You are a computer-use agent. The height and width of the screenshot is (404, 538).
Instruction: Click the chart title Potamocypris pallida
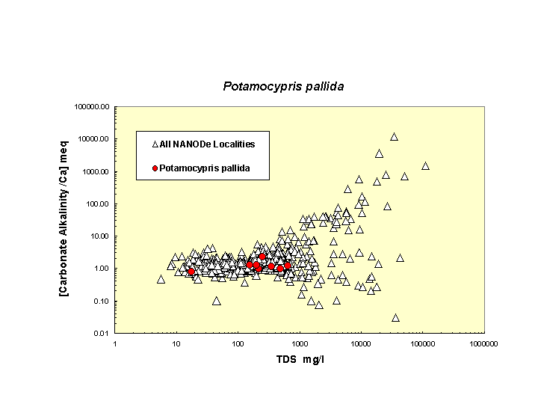pos(283,86)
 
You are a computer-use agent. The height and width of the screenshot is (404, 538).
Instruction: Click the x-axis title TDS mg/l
pos(300,361)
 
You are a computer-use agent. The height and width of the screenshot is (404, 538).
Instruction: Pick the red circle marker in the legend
pos(155,168)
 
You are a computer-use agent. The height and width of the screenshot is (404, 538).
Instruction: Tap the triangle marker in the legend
pos(155,144)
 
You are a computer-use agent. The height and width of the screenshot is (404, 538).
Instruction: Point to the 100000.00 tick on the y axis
pos(93,106)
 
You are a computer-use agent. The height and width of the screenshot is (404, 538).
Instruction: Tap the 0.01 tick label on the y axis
pos(101,333)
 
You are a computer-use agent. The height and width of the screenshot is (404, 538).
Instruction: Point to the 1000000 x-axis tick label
pos(483,343)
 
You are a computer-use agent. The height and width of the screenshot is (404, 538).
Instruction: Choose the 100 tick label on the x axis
pos(238,343)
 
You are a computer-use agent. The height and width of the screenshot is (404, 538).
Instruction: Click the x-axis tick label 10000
pos(361,343)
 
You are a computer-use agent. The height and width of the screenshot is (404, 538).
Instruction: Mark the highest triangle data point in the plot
pos(394,137)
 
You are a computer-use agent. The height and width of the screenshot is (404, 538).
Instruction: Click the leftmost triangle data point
pos(161,279)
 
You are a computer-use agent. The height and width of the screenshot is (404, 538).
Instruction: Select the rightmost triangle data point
pos(425,166)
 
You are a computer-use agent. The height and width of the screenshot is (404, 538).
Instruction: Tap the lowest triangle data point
pos(395,318)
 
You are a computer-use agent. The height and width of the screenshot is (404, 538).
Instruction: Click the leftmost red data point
pos(191,272)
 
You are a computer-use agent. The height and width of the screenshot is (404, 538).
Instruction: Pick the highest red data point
pos(262,257)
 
